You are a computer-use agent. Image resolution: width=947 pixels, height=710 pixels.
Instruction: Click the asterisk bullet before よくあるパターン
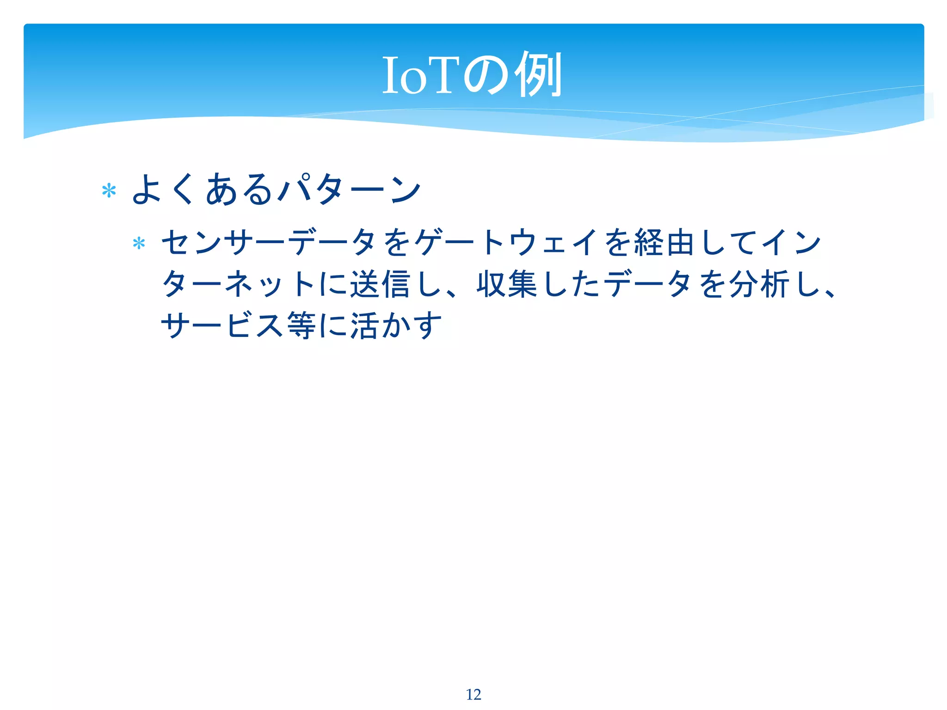[109, 191]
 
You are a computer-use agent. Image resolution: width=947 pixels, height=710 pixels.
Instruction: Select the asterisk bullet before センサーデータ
[139, 243]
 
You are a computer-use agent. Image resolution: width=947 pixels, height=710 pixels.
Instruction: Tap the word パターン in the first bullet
[350, 190]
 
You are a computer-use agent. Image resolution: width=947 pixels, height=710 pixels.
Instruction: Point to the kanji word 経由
[664, 242]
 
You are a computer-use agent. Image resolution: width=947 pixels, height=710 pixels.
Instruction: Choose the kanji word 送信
[380, 284]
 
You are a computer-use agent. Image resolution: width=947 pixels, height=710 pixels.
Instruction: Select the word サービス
[222, 325]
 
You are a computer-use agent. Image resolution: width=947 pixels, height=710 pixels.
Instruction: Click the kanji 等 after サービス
[301, 325]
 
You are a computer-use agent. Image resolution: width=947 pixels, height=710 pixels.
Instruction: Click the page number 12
[473, 694]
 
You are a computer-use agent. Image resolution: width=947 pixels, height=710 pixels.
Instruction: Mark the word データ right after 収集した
[648, 284]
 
